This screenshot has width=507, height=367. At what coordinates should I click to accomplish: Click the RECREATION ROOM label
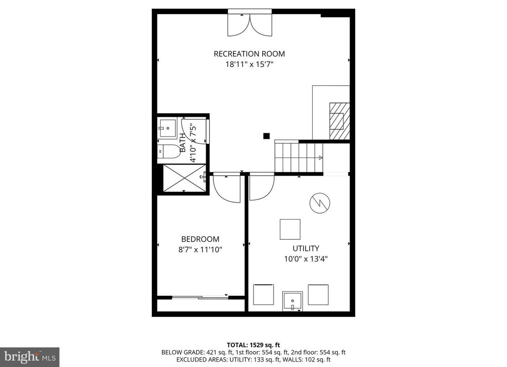pyautogui.click(x=249, y=54)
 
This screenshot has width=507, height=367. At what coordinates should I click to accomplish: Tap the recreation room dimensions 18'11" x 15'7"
pyautogui.click(x=249, y=64)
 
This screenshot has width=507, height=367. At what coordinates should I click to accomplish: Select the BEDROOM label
pyautogui.click(x=200, y=239)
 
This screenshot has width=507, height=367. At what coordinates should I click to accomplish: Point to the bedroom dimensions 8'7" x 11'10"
pyautogui.click(x=200, y=249)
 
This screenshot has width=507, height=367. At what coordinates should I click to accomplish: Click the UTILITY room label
pyautogui.click(x=306, y=249)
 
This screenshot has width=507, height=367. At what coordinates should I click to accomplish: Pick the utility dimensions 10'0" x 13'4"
pyautogui.click(x=306, y=259)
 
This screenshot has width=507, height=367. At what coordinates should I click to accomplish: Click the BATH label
pyautogui.click(x=183, y=142)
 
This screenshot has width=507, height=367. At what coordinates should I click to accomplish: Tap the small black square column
pyautogui.click(x=266, y=136)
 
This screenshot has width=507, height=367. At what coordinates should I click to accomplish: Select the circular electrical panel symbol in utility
pyautogui.click(x=320, y=203)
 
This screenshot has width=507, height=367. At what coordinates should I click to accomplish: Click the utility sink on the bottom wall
pyautogui.click(x=292, y=301)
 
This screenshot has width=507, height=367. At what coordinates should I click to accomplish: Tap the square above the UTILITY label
pyautogui.click(x=290, y=229)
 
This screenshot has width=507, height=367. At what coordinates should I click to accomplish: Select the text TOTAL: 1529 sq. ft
pyautogui.click(x=253, y=345)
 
